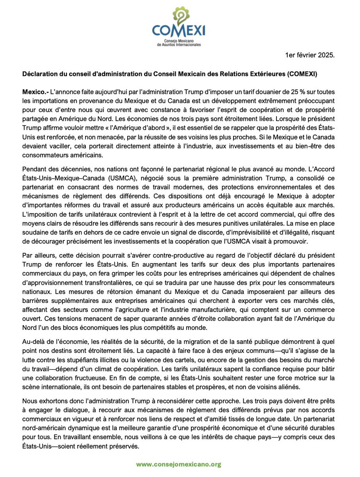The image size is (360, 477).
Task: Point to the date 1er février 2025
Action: click(310, 56)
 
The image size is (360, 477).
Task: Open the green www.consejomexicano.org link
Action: click(179, 464)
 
